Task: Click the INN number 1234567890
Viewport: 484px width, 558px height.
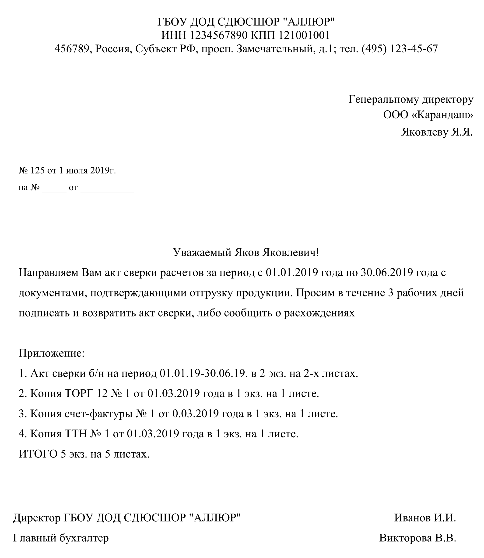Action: [x=218, y=36]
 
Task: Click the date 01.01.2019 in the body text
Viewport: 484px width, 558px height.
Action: [x=292, y=272]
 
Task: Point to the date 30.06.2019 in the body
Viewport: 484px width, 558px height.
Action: [x=387, y=272]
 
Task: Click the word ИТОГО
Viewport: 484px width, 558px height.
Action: [x=38, y=454]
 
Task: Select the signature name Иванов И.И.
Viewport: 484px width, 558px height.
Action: [x=425, y=518]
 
